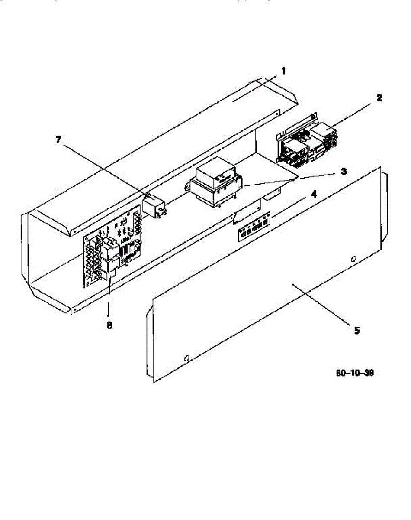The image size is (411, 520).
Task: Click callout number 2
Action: [379, 98]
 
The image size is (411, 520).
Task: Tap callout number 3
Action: [343, 172]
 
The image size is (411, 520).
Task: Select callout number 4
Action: [314, 194]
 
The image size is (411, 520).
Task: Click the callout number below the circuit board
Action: [109, 325]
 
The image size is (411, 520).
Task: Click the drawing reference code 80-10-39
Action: [355, 373]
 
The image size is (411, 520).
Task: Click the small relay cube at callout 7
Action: [156, 206]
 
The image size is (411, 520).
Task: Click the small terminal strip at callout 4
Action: [254, 227]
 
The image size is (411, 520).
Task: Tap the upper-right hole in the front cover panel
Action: [353, 260]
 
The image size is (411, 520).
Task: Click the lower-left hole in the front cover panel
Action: [186, 358]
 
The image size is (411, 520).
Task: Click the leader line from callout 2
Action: [355, 114]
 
